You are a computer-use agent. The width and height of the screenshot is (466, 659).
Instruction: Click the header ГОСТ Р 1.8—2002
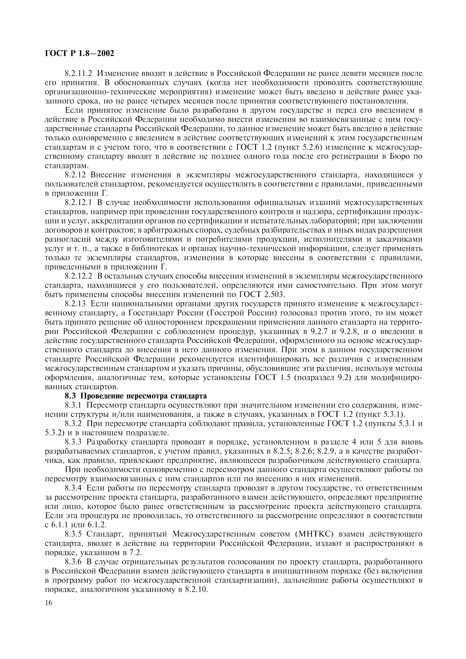pyautogui.click(x=80, y=53)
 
